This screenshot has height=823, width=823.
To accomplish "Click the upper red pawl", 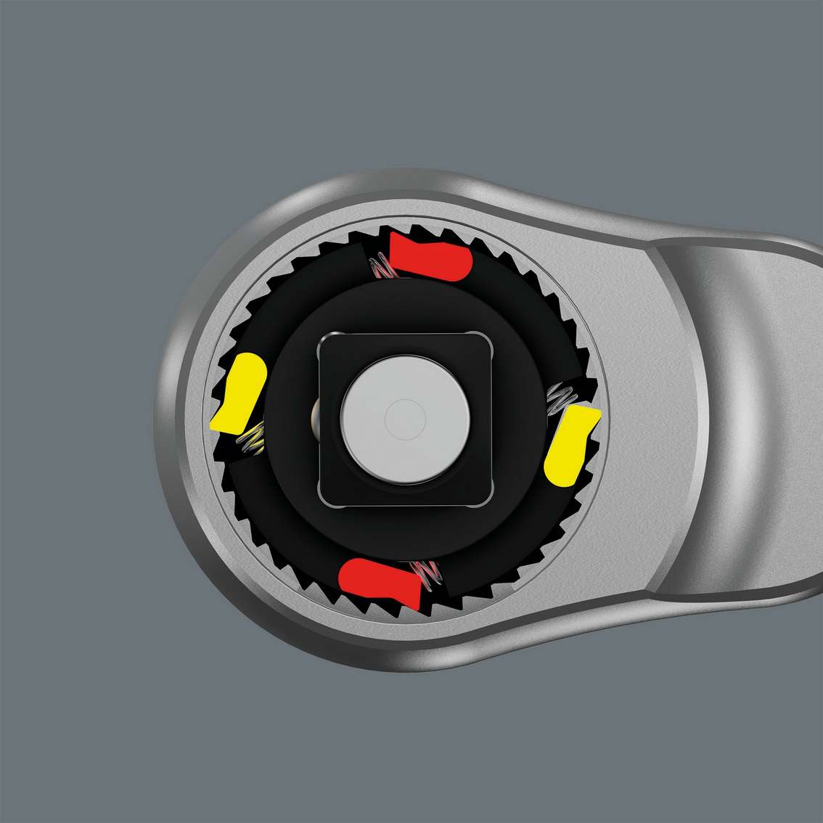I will point(428,255).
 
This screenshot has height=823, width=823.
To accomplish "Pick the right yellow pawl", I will point(573,445).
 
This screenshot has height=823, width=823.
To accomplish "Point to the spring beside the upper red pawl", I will point(382,269).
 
